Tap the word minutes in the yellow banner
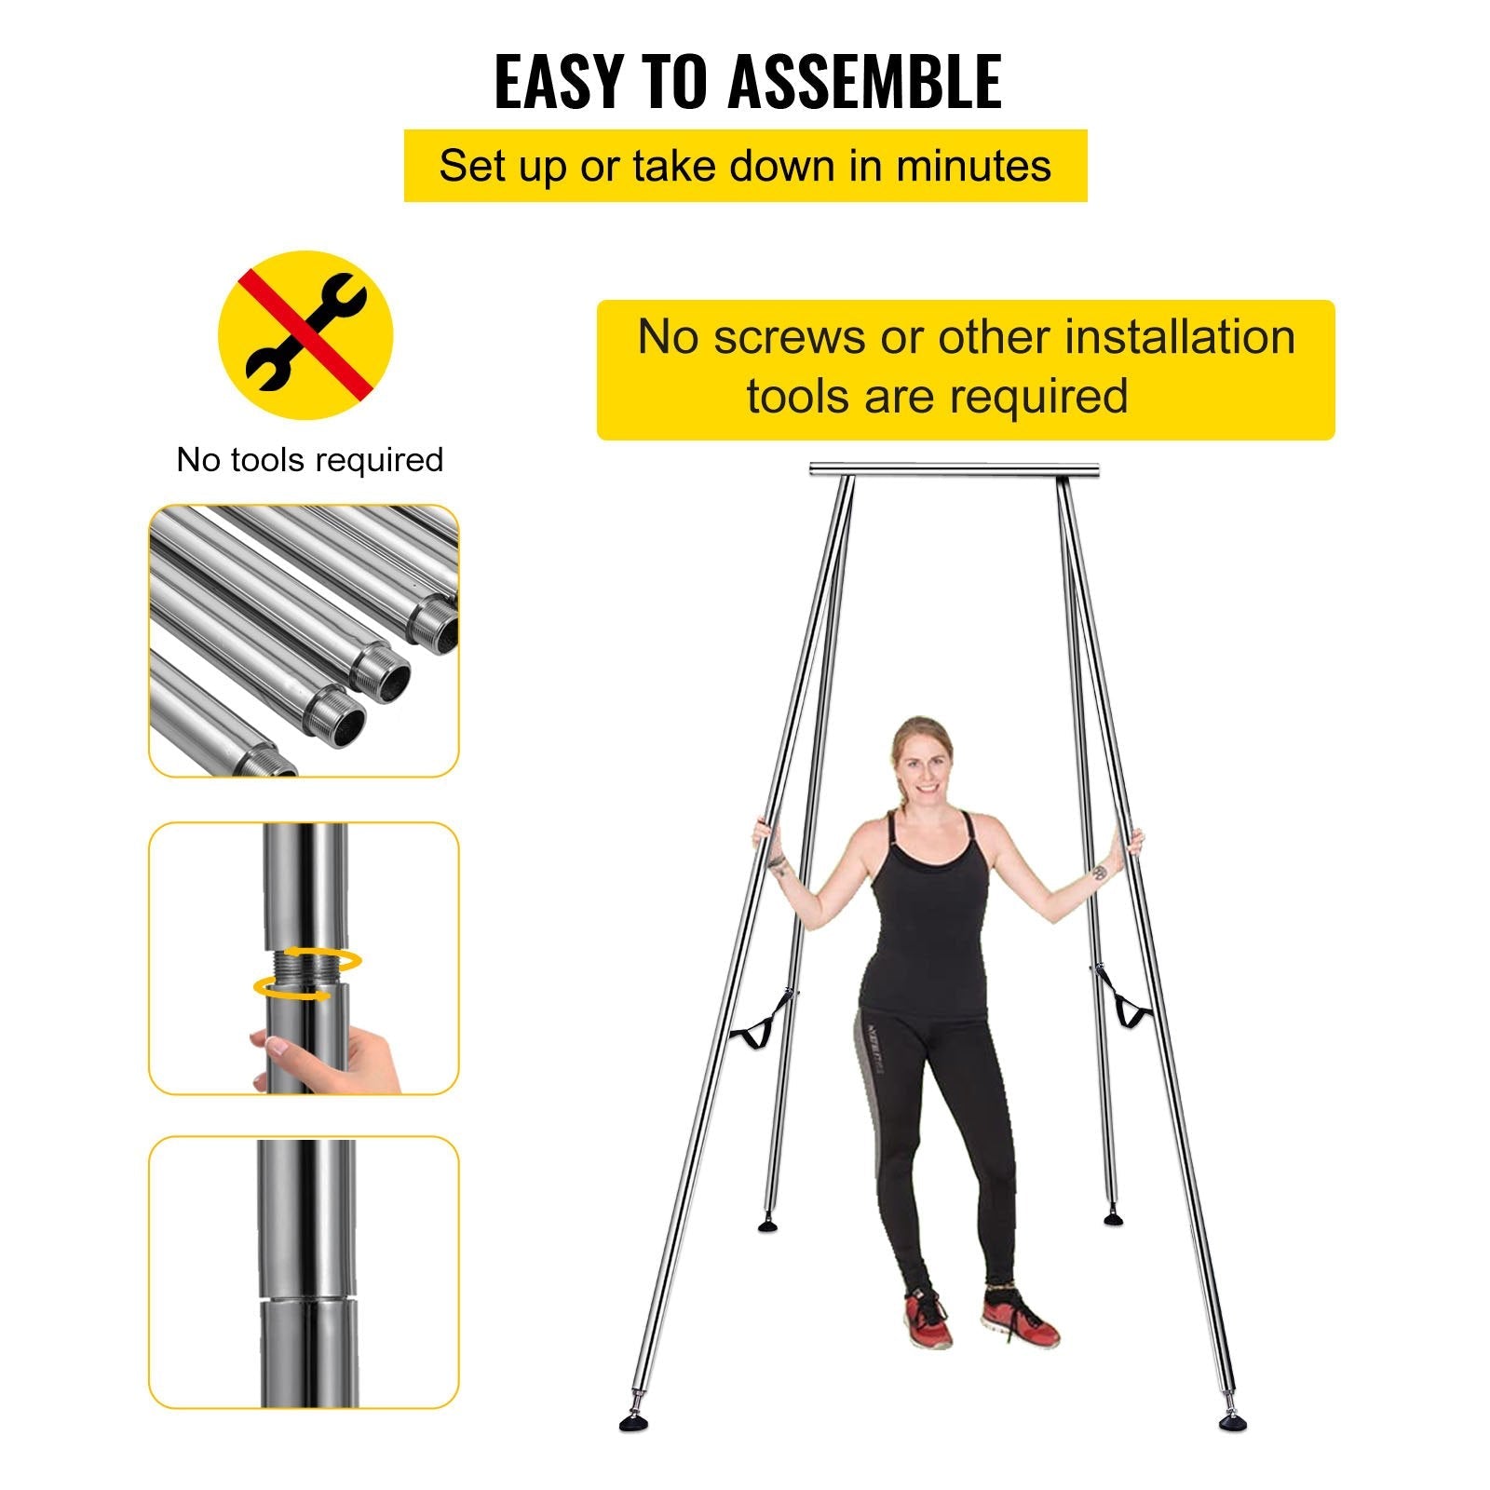coord(973,167)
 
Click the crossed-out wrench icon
coord(305,334)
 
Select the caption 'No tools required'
coord(310,460)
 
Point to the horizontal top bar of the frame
coord(954,469)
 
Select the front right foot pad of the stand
coord(1233,1422)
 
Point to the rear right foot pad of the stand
coord(1112,1217)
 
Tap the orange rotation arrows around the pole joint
coord(307,974)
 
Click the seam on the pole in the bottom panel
coord(307,1296)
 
